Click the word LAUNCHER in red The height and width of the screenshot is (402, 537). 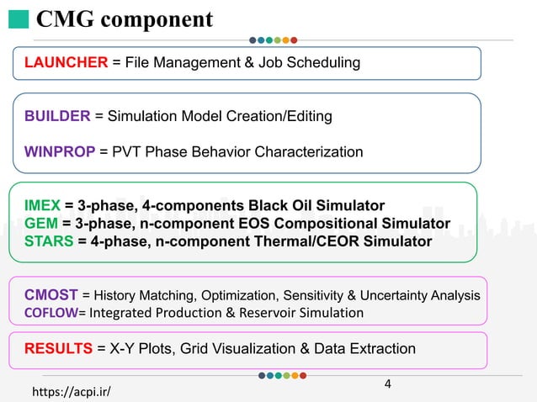pos(66,62)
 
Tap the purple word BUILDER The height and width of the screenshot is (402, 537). pos(58,116)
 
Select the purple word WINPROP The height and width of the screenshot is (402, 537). pos(61,152)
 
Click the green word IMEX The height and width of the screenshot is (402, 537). pos(43,205)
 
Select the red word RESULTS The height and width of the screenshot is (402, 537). pos(59,348)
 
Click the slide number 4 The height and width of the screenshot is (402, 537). pos(387,384)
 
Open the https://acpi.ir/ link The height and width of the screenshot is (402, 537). pos(71,391)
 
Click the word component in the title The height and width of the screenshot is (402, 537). pos(160,19)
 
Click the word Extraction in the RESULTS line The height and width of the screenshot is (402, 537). pos(383,348)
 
